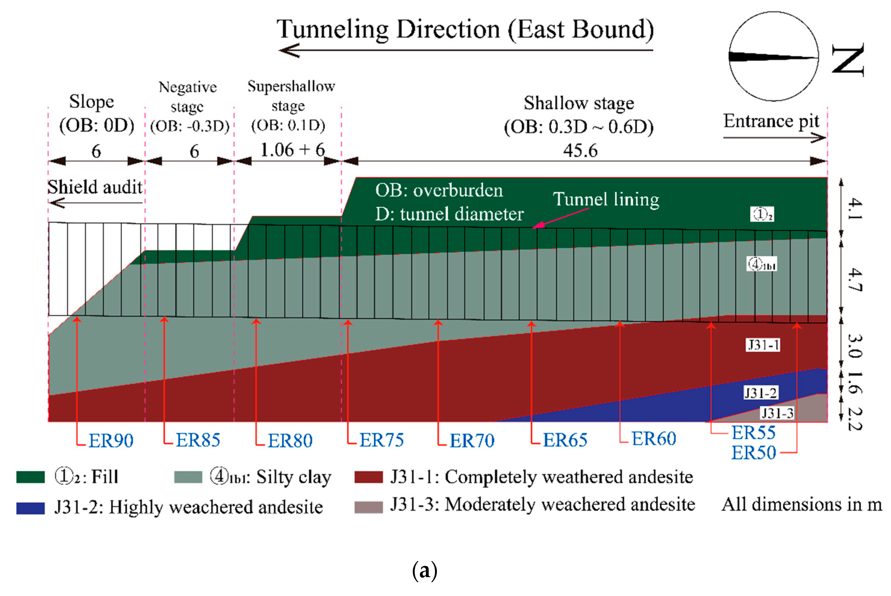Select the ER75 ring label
point(382,440)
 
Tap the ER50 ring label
point(754,453)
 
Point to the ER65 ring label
point(565,440)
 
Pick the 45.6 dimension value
point(580,151)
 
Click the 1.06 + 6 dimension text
point(292,150)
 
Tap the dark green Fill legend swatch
point(30,477)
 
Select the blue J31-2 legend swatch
point(30,508)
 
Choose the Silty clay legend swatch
point(188,477)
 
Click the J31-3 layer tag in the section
point(777,413)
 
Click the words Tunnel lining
point(606,199)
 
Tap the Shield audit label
point(95,187)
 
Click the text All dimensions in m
point(802,505)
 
